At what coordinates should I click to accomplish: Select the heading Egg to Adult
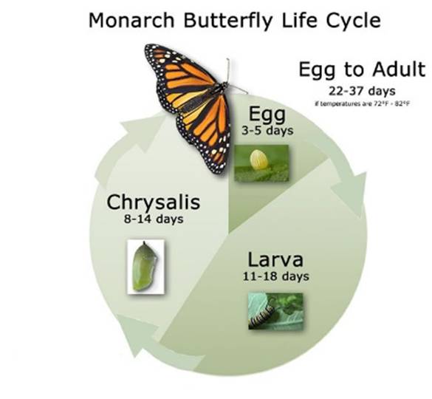point(362,70)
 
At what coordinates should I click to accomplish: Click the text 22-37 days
point(361,90)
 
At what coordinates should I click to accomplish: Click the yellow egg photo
point(261,163)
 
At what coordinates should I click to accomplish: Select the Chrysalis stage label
point(151,202)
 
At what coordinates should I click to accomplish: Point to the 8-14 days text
point(151,219)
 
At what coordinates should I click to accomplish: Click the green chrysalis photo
point(145,266)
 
